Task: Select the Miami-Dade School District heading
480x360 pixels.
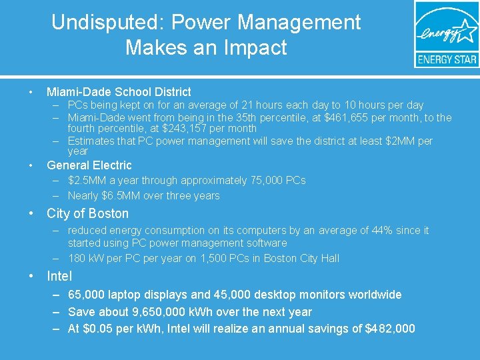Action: pyautogui.click(x=119, y=92)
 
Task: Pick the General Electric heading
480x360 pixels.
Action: pyautogui.click(x=89, y=165)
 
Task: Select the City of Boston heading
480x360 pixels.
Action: pyautogui.click(x=87, y=213)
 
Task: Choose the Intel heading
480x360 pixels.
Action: pyautogui.click(x=59, y=276)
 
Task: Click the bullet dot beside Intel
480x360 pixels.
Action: pyautogui.click(x=32, y=276)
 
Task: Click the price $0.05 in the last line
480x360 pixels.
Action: pyautogui.click(x=99, y=329)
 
